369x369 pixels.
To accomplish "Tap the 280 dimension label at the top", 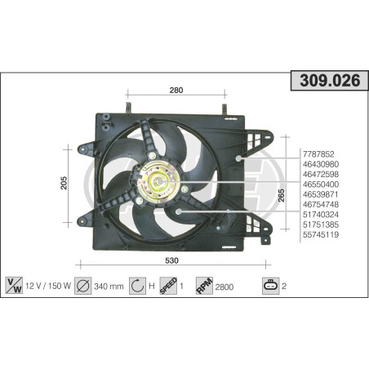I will click(176, 90).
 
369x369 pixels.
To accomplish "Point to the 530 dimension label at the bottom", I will click(171, 260).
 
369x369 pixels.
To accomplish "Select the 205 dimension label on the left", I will click(64, 183).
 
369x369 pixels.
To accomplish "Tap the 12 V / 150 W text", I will click(47, 286).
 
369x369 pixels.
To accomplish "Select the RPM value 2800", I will click(225, 286).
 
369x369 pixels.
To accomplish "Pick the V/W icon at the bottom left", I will click(13, 285).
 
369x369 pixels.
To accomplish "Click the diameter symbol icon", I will click(82, 285).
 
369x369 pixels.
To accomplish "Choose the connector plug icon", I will click(269, 285).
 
